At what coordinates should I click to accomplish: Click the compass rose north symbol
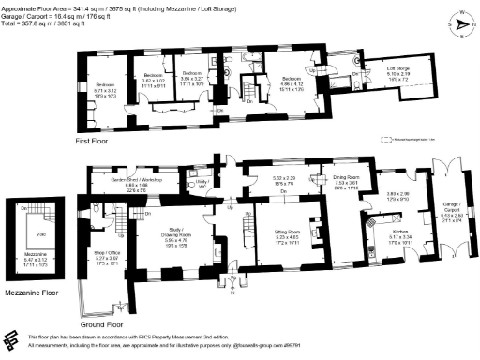(x=459, y=22)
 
